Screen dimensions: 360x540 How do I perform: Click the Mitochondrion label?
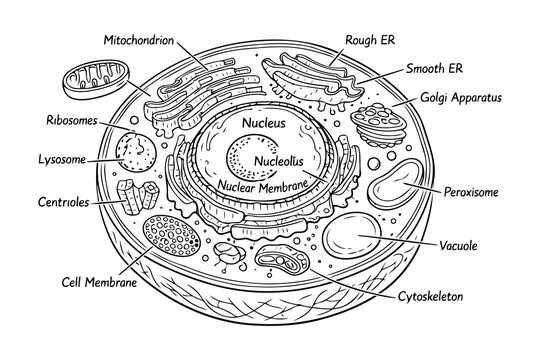139,40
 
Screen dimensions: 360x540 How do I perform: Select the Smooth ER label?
434,69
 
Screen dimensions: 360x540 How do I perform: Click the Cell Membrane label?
98,282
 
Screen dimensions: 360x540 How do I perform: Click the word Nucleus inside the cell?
263,123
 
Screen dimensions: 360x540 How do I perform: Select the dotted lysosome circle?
132,153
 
